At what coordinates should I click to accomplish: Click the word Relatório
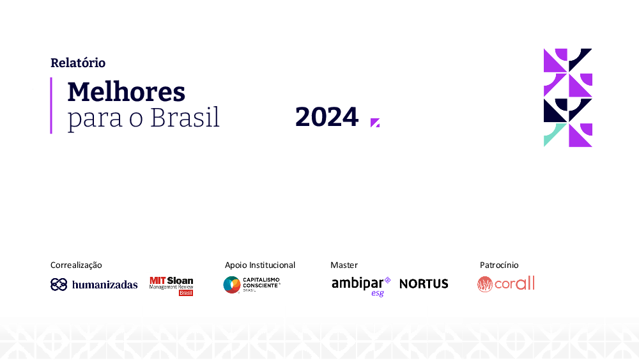[78, 63]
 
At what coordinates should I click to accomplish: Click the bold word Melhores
[127, 91]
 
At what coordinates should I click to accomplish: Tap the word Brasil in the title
[185, 118]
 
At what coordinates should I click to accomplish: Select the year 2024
[327, 117]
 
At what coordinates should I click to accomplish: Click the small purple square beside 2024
[375, 123]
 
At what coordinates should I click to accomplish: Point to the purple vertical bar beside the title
[51, 106]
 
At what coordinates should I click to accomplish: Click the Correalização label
[76, 265]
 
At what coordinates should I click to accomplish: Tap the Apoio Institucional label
[260, 265]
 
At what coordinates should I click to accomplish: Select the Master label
[344, 265]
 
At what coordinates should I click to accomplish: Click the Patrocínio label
[499, 265]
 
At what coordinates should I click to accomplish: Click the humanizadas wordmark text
[105, 285]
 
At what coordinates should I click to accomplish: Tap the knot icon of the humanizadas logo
[59, 284]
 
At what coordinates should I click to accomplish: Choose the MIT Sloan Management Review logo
[171, 286]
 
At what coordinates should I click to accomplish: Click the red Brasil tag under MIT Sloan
[186, 293]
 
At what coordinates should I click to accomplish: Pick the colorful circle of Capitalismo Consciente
[232, 285]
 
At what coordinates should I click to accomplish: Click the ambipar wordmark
[358, 283]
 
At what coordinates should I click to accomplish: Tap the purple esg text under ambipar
[378, 293]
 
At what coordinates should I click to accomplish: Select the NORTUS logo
[424, 284]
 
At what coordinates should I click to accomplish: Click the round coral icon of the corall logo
[485, 284]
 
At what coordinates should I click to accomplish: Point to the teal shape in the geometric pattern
[552, 132]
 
